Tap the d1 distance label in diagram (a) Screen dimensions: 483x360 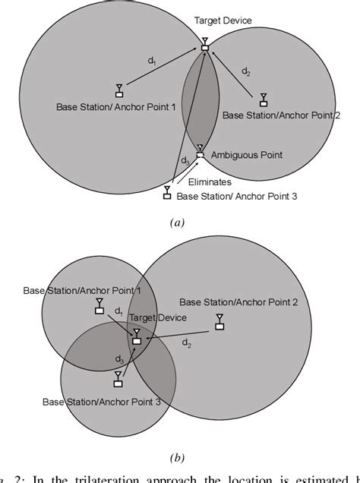click(153, 65)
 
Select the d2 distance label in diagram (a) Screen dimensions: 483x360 click(245, 71)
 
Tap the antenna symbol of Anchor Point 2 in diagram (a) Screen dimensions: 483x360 click(263, 99)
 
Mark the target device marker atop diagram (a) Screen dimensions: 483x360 click(204, 48)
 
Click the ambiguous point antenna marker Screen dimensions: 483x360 click(200, 152)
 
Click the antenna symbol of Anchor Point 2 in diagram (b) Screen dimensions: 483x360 click(219, 322)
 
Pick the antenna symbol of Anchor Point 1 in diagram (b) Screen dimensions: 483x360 click(99, 306)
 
